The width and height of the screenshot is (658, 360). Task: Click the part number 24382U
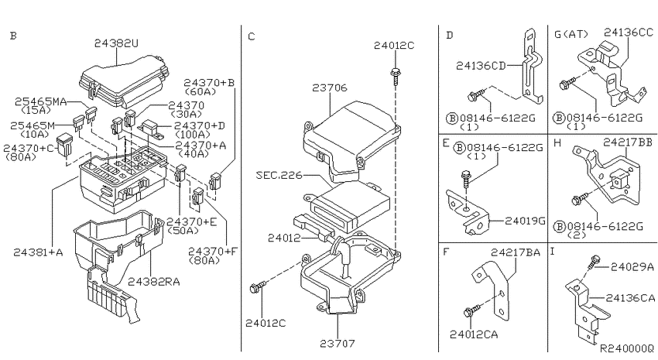116,43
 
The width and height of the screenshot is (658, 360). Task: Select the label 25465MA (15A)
40,105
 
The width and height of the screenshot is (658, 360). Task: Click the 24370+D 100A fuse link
150,128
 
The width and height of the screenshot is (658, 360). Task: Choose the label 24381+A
38,252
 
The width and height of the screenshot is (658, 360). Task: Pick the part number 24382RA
153,282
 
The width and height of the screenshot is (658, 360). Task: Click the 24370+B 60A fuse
215,180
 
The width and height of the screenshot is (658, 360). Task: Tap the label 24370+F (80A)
212,255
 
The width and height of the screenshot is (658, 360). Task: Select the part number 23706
330,87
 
